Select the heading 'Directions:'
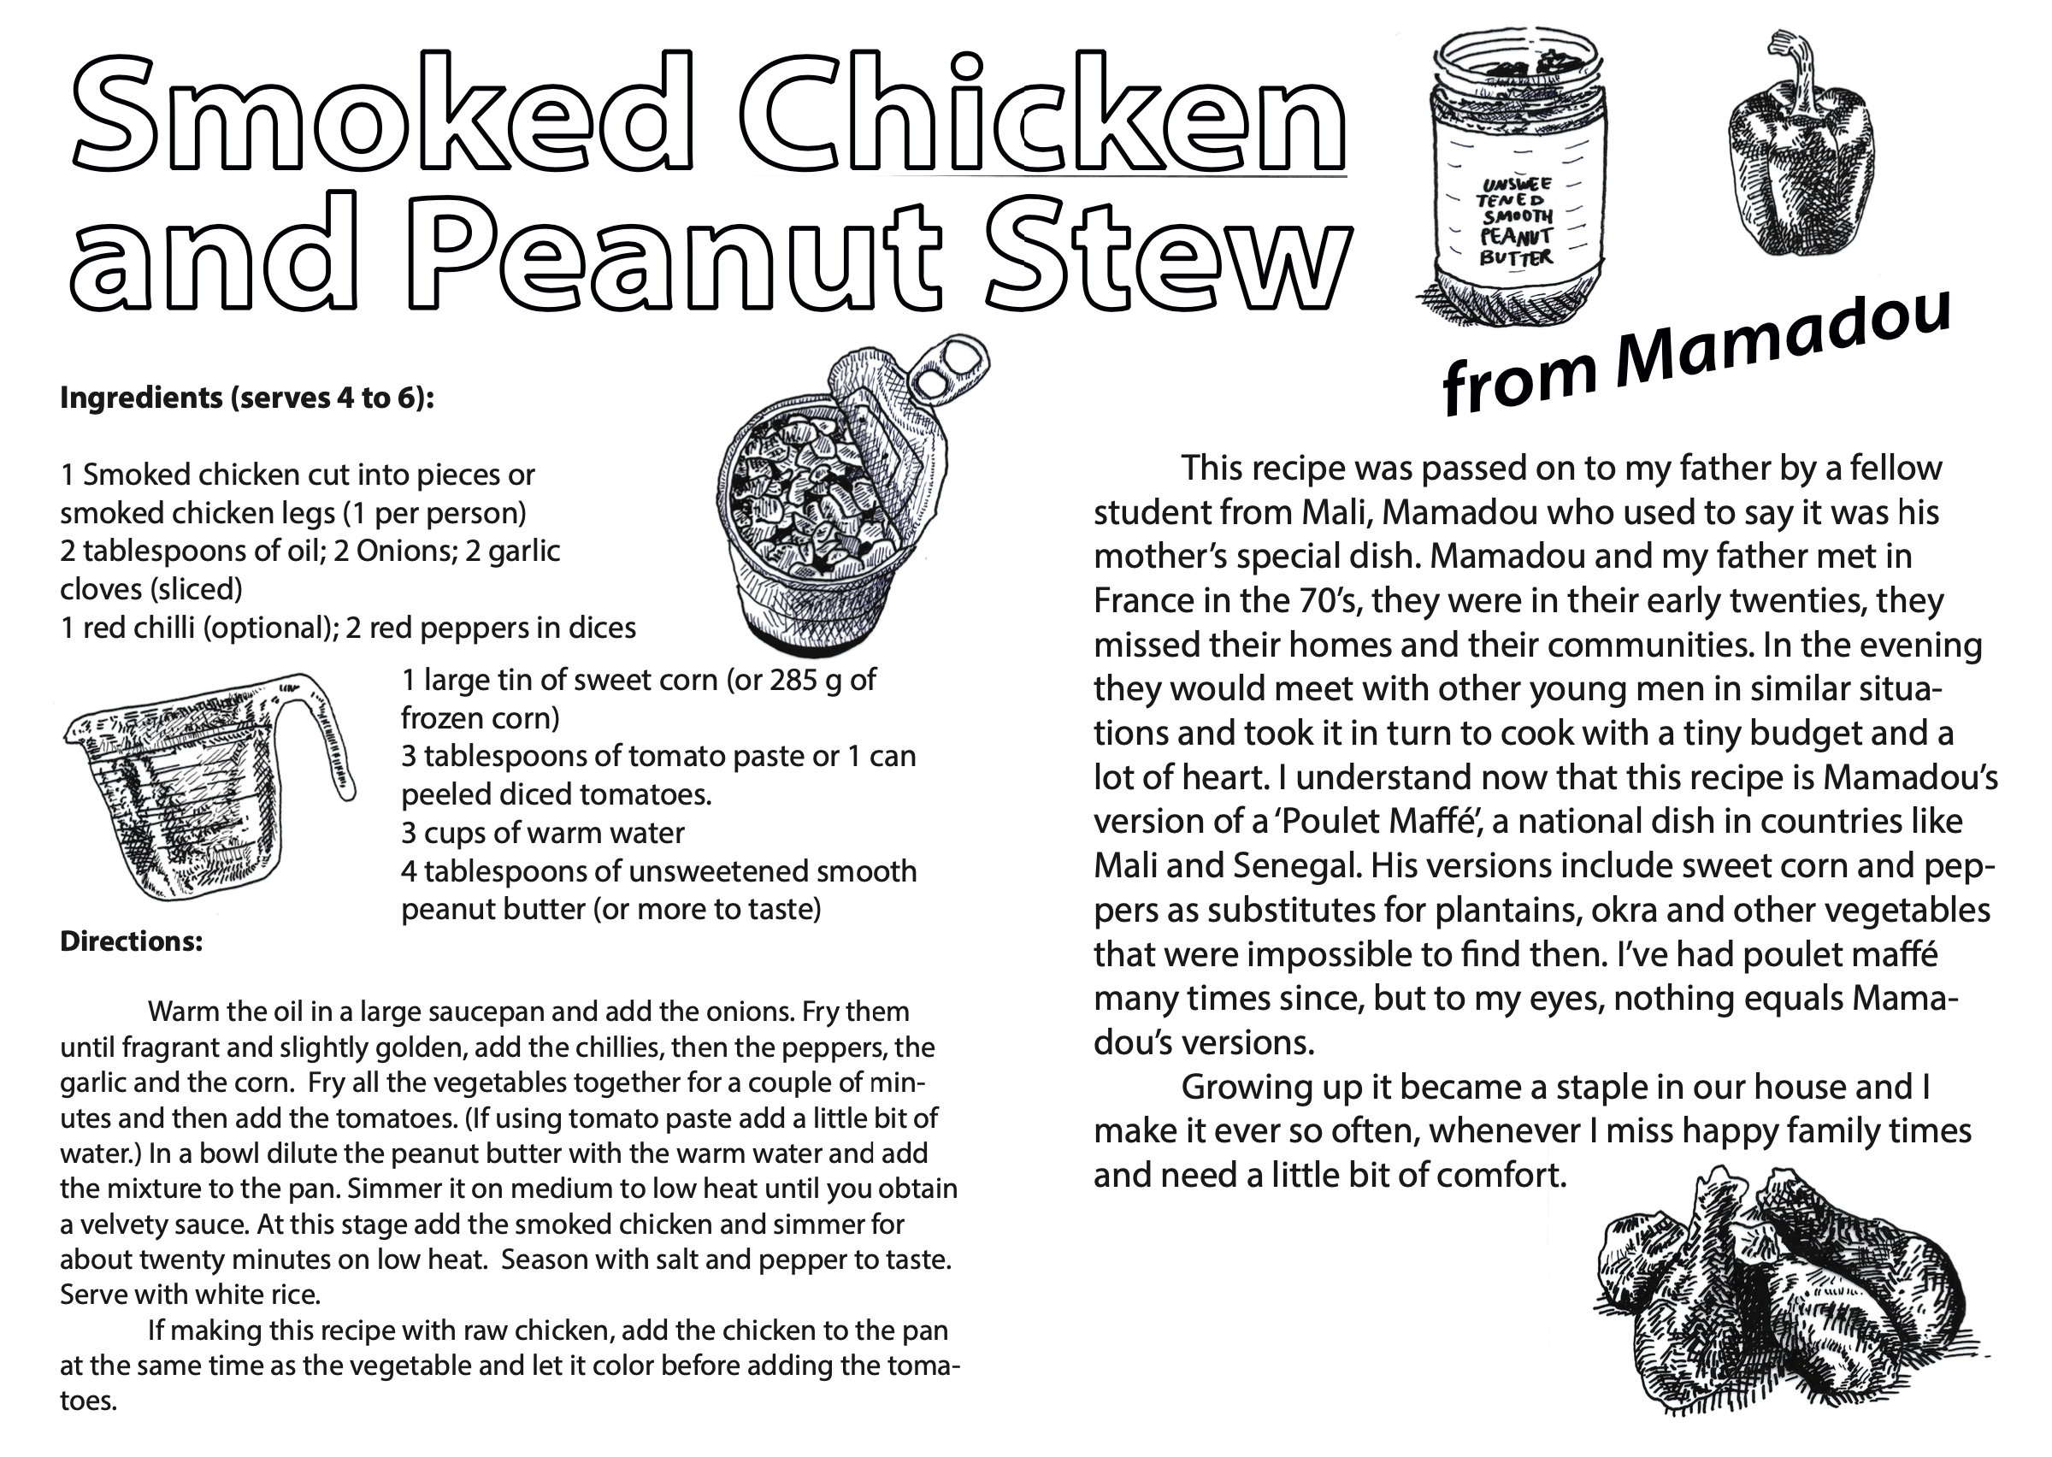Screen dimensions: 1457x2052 [131, 942]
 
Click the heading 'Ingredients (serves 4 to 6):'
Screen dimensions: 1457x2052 [246, 398]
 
